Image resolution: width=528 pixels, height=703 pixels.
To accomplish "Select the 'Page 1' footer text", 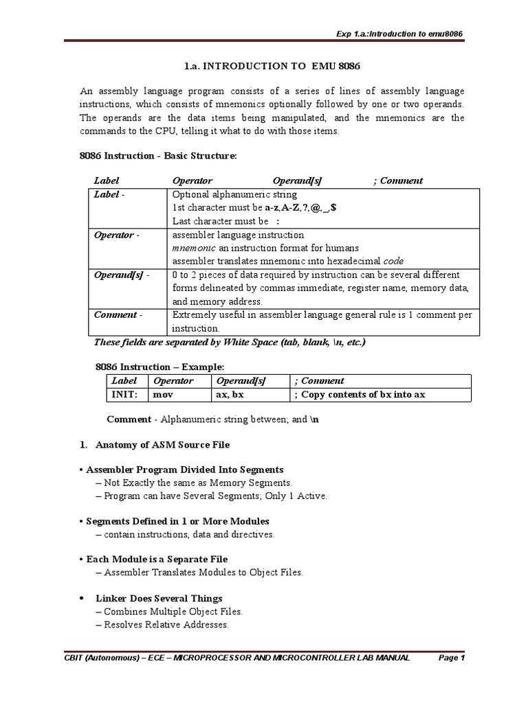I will click(x=452, y=658).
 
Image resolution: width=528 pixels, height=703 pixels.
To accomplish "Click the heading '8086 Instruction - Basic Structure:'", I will click(x=158, y=156).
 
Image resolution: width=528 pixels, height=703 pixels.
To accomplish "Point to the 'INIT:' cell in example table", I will click(x=125, y=395).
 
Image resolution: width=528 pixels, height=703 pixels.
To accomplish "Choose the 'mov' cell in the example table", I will click(x=163, y=395).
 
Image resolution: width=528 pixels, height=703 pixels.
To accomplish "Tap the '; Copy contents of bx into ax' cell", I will click(x=360, y=395).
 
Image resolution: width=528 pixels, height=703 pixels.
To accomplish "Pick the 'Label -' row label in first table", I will click(x=109, y=194).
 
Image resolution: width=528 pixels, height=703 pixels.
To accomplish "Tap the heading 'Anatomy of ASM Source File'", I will click(x=162, y=444).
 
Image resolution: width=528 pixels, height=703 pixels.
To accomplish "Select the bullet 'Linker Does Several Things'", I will click(x=159, y=598).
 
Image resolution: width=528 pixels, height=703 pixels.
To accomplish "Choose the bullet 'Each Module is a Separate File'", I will click(x=154, y=559).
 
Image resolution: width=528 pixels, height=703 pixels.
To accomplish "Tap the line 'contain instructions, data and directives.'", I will click(x=185, y=534).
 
